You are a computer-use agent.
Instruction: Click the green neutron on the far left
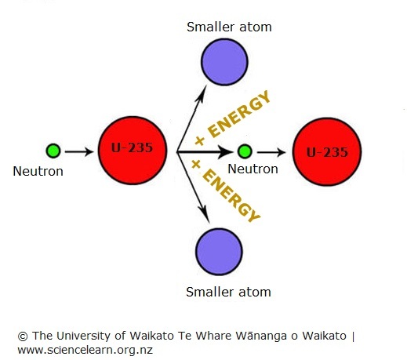click(53, 151)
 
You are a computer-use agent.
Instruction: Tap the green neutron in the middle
click(245, 151)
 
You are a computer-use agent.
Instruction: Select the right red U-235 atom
click(326, 151)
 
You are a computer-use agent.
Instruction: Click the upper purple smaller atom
click(223, 60)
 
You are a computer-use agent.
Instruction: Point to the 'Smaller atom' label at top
click(228, 27)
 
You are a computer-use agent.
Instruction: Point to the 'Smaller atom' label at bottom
click(228, 292)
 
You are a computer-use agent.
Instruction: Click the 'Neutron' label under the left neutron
click(38, 170)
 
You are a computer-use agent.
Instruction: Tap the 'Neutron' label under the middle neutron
click(253, 169)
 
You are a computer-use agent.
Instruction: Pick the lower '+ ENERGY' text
click(226, 188)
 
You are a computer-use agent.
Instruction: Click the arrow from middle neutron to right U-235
click(271, 151)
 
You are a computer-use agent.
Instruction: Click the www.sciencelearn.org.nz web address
click(85, 350)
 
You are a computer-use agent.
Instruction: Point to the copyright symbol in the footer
click(21, 336)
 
